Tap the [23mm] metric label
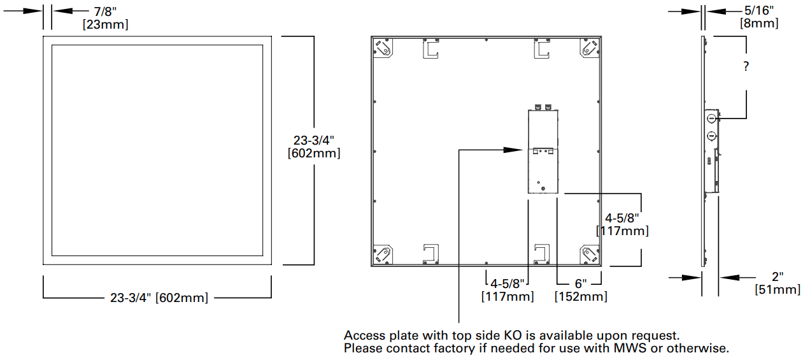[105, 24]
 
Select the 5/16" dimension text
[760, 11]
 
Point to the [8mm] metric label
[759, 24]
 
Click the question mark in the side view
[746, 67]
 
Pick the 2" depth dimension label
[777, 277]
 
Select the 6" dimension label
[580, 284]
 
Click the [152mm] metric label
[580, 296]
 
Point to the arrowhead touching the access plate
[513, 150]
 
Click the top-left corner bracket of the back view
[383, 48]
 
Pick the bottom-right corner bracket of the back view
[590, 254]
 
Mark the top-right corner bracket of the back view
[590, 48]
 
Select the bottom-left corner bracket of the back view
[383, 254]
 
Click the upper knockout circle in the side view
[710, 118]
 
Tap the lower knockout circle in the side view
[710, 135]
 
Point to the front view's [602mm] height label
[314, 154]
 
